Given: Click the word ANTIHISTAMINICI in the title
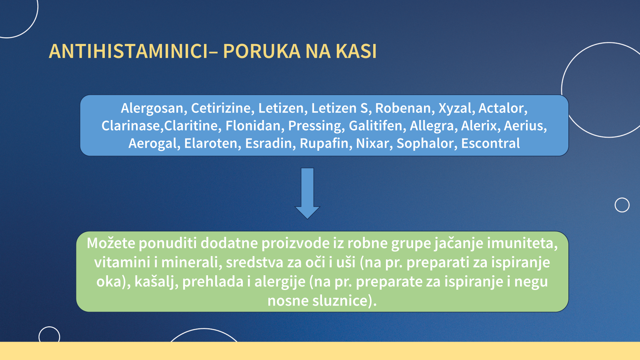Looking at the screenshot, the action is pos(128,52).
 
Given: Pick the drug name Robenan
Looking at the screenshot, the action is pos(403,108).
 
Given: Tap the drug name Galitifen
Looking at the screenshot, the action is pos(376,126).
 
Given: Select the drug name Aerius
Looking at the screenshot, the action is pos(524,126).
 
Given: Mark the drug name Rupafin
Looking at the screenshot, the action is pos(324,144).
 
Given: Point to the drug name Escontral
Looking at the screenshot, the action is pos(490,144).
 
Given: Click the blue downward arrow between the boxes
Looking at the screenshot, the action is pos(308,193).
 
